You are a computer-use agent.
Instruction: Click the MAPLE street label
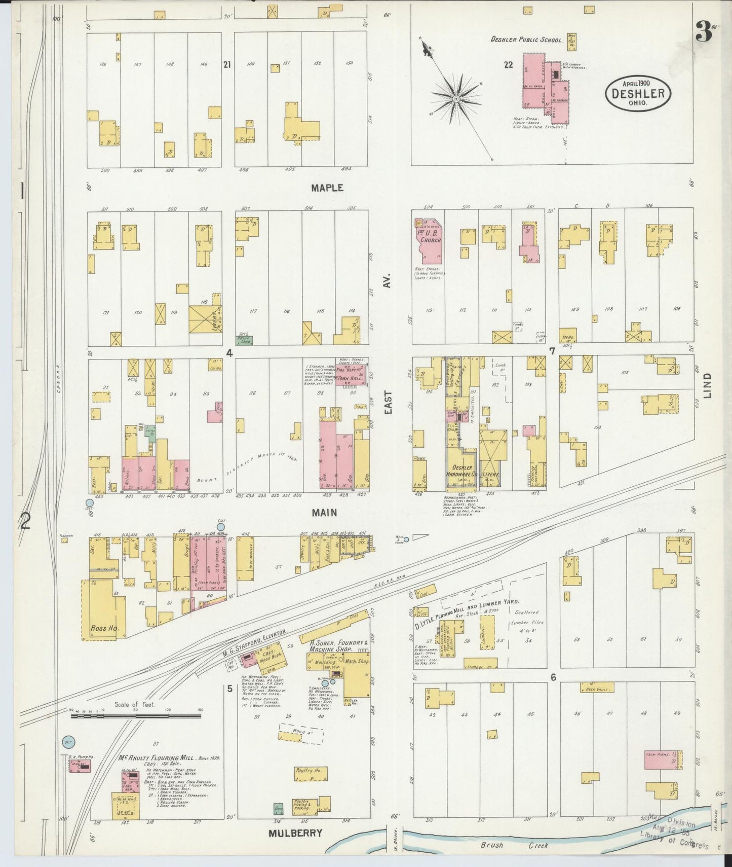click(x=327, y=188)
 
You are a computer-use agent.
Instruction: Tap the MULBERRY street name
click(x=295, y=833)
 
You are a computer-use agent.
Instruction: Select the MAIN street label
click(x=324, y=513)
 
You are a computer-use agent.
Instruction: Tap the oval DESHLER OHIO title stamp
click(x=638, y=93)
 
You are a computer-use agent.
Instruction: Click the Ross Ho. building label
click(x=105, y=628)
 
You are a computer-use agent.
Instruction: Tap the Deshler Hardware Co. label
click(x=459, y=471)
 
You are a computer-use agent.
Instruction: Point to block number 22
click(x=508, y=64)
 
